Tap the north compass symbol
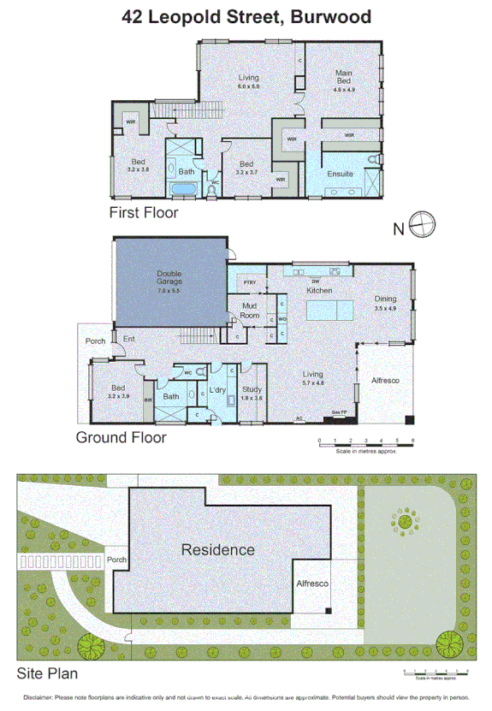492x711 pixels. [422, 226]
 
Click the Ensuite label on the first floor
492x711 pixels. [341, 175]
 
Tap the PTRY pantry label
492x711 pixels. [250, 281]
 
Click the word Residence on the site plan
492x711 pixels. [217, 549]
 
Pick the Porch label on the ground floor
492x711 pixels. [95, 341]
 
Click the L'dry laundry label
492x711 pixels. [217, 390]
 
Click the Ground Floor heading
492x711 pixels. [121, 437]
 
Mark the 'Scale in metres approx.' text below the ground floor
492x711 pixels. [365, 451]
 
